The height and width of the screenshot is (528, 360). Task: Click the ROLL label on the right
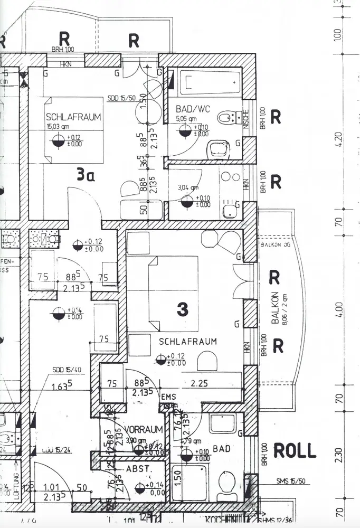tap(295, 450)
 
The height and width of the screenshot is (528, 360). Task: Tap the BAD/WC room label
tap(193, 109)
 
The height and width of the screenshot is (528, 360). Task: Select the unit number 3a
tap(86, 175)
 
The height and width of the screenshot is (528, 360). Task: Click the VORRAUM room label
tap(144, 429)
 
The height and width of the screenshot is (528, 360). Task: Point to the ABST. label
tap(139, 468)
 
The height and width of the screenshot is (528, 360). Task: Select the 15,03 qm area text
tap(58, 126)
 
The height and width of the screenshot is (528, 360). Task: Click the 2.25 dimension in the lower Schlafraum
tap(199, 384)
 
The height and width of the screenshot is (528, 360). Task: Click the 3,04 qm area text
tap(188, 187)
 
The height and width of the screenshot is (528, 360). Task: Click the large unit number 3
tap(182, 310)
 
